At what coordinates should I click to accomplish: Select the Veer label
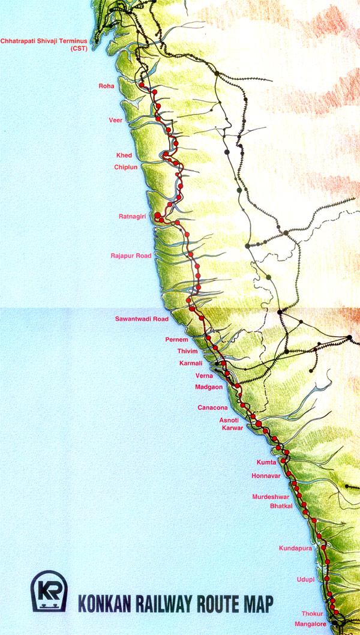click(115, 120)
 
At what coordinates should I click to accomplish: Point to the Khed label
click(124, 155)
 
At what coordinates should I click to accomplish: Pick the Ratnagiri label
click(132, 216)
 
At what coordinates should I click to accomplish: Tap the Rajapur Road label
click(131, 256)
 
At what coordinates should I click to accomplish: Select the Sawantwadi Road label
click(142, 319)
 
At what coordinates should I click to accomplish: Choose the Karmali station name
click(191, 364)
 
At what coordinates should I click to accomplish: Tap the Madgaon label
click(209, 387)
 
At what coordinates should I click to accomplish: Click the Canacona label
click(212, 408)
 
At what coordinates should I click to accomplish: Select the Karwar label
click(232, 429)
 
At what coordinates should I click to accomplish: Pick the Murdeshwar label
click(270, 497)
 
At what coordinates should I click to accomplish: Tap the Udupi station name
click(305, 579)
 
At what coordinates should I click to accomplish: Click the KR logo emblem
click(49, 591)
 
